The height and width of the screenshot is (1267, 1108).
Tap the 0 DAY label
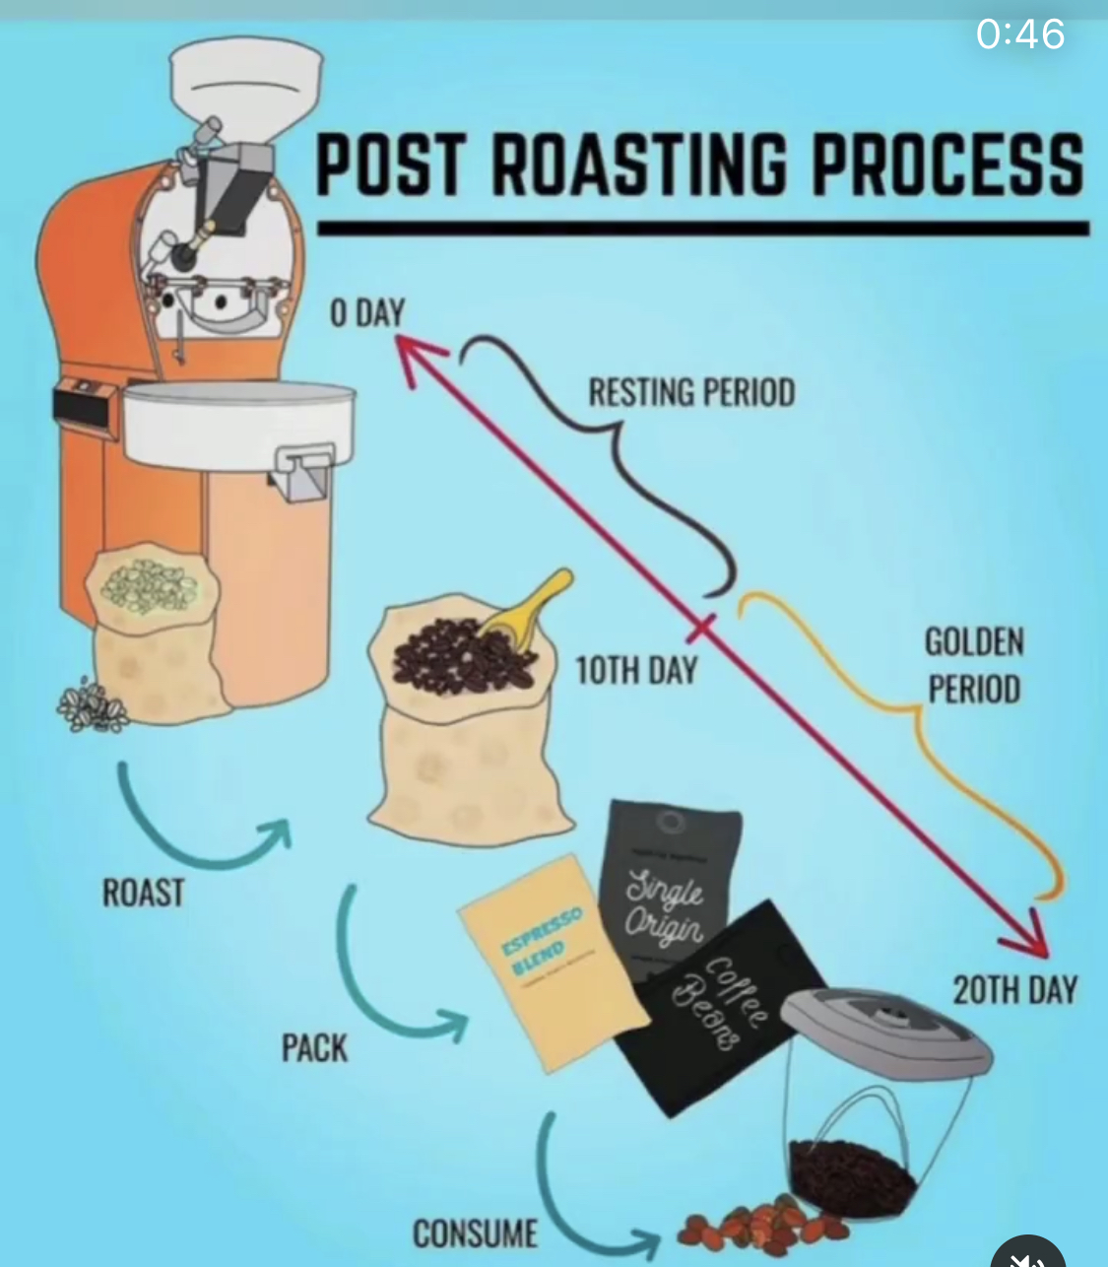(366, 312)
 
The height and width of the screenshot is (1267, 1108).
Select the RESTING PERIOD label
(691, 392)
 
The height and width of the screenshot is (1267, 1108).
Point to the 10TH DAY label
(635, 671)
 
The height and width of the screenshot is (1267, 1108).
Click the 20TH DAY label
(1014, 989)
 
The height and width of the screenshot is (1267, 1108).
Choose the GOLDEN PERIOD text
(973, 665)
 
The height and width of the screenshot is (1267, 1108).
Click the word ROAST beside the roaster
(144, 893)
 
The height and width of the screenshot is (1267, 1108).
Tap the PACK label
(314, 1047)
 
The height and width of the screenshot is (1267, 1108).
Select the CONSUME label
(475, 1233)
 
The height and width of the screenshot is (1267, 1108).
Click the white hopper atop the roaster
(245, 83)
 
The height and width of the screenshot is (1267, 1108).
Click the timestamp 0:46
(1019, 34)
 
